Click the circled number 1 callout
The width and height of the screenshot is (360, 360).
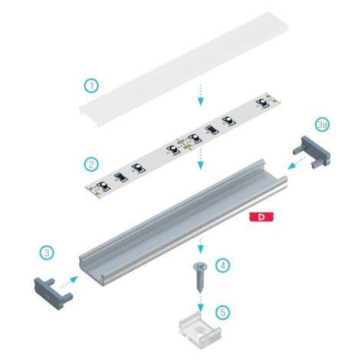(91, 86)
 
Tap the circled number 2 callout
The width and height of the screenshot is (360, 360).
(91, 164)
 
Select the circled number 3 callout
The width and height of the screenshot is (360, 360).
(47, 253)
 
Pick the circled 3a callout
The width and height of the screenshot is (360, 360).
(322, 125)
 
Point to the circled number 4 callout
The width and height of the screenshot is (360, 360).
(223, 266)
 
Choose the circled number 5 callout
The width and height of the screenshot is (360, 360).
(223, 313)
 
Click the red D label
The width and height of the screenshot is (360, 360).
(261, 217)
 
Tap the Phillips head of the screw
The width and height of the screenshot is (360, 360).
(200, 267)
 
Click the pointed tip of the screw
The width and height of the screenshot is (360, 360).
(200, 293)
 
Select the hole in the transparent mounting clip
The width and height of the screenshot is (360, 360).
(199, 331)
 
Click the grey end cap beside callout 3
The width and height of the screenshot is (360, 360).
(53, 293)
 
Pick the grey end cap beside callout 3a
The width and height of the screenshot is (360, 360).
(312, 152)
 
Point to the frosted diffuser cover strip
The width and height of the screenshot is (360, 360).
(184, 69)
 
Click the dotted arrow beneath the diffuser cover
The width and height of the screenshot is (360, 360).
(201, 95)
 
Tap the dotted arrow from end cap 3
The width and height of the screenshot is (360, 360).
(69, 283)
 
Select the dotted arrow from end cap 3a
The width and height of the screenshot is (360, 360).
(296, 163)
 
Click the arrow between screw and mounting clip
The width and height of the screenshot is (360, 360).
(201, 304)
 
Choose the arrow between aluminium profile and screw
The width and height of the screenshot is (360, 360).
(201, 246)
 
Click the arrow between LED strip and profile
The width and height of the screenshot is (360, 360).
(201, 159)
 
